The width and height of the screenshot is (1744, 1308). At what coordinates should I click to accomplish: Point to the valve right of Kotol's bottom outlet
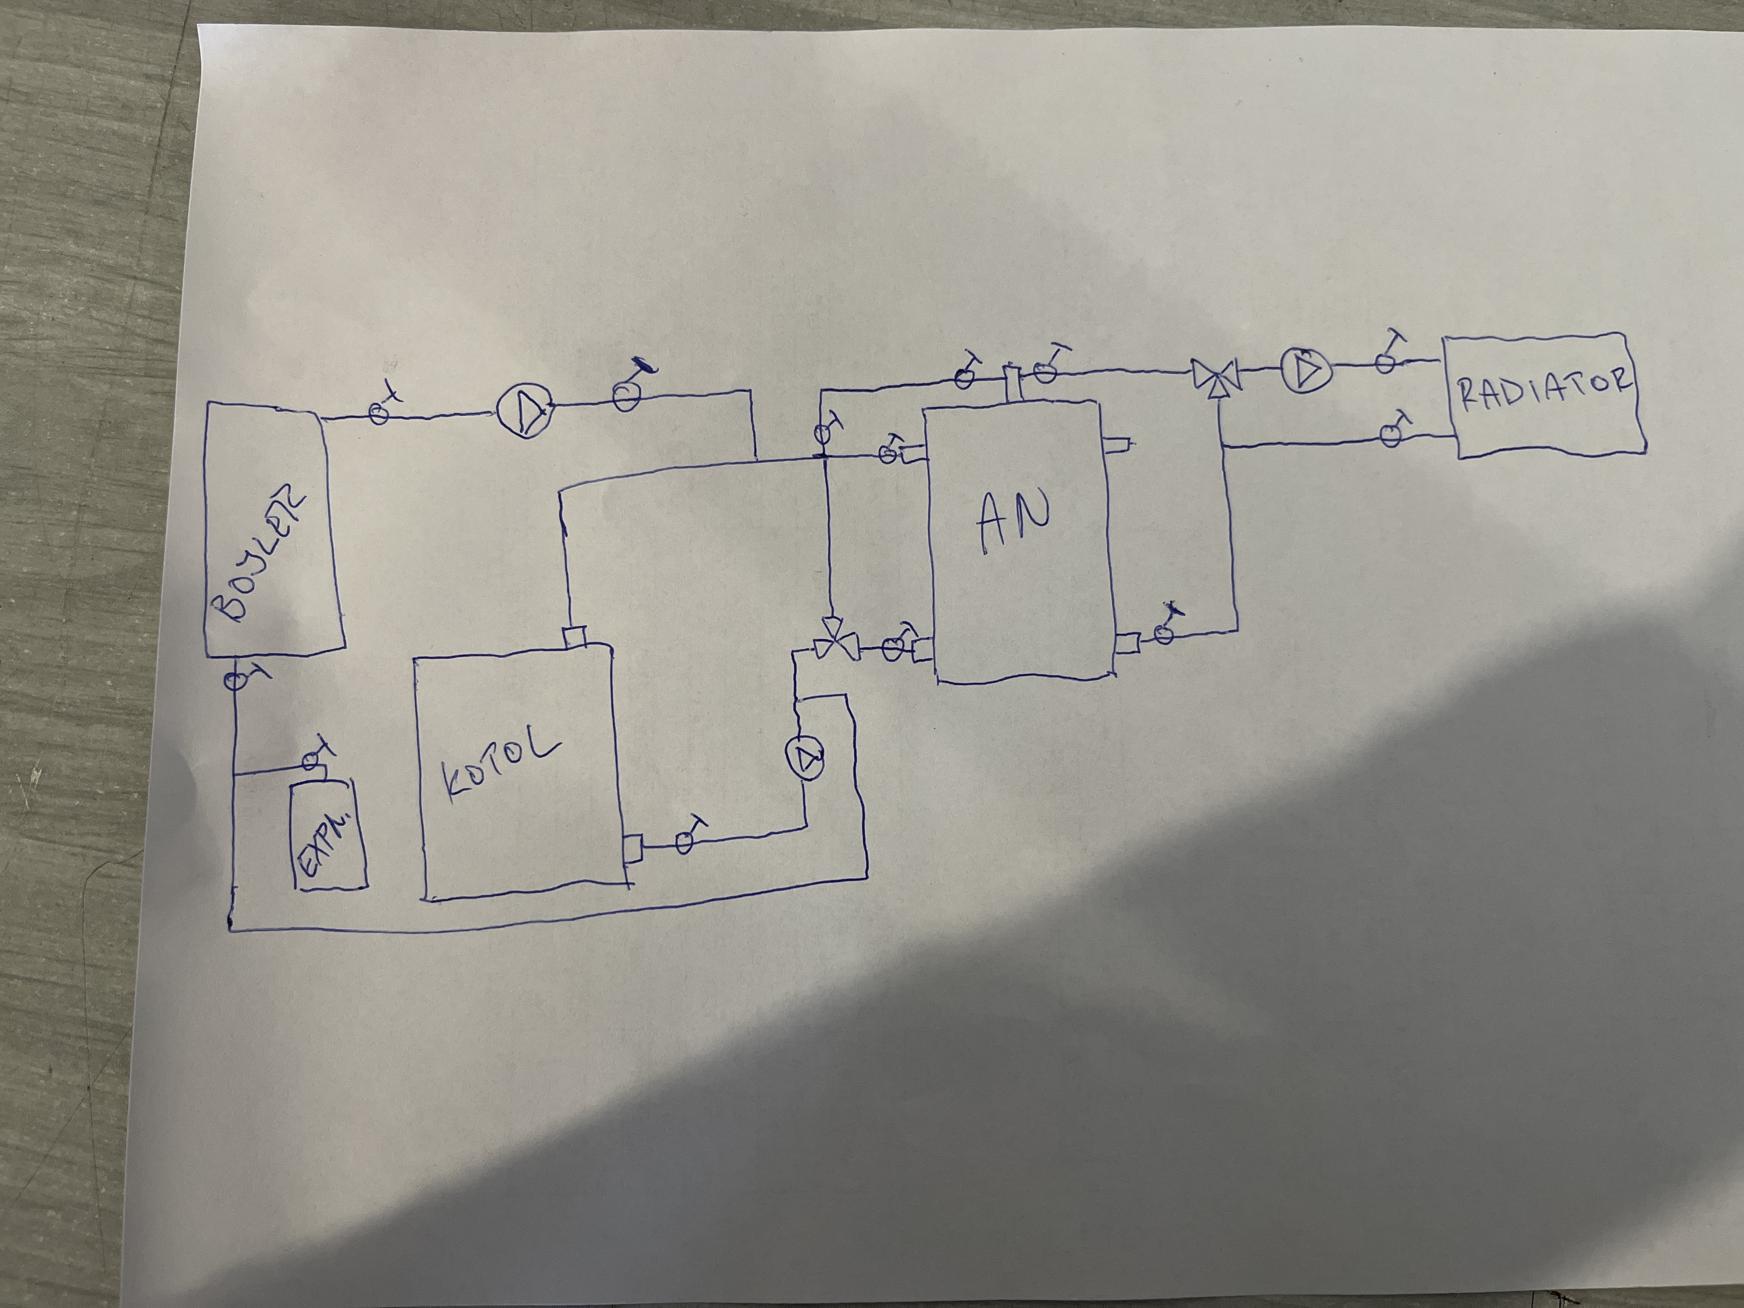(x=684, y=843)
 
